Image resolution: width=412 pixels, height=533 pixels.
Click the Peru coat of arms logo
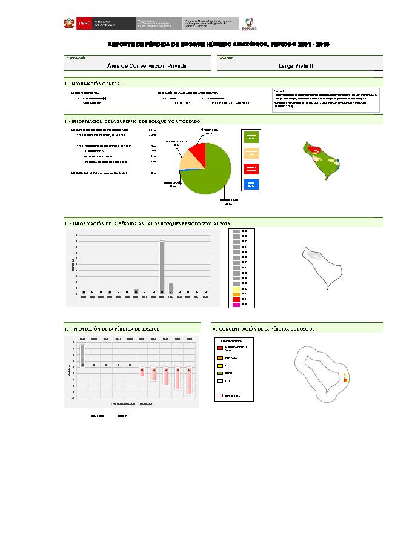pyautogui.click(x=68, y=24)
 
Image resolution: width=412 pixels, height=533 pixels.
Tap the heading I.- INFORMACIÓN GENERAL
pyautogui.click(x=93, y=84)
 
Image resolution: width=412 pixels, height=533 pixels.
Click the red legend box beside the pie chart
pyautogui.click(x=251, y=168)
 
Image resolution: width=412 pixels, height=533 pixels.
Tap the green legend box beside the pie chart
pyautogui.click(x=251, y=137)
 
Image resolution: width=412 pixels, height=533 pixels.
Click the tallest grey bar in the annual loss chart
pyautogui.click(x=162, y=266)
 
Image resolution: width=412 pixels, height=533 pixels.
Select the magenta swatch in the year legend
pyautogui.click(x=236, y=305)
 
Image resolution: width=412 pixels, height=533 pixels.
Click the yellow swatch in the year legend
pyautogui.click(x=236, y=289)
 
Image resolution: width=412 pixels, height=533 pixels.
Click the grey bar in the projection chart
pyautogui.click(x=82, y=355)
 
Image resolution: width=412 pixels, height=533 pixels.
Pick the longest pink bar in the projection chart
pyautogui.click(x=189, y=380)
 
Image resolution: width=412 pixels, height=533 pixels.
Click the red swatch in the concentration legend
pyautogui.click(x=220, y=348)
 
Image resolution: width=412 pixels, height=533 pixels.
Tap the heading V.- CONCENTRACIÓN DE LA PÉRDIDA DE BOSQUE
pyautogui.click(x=264, y=329)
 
